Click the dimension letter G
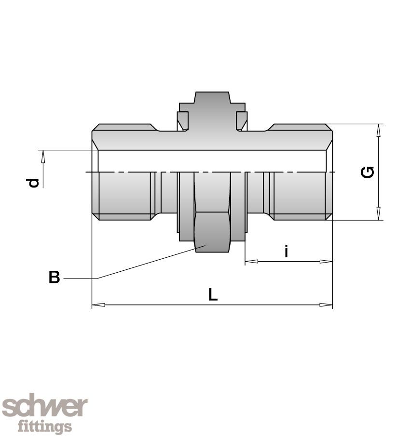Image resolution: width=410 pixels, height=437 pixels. click(367, 172)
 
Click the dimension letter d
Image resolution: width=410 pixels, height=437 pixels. click(32, 183)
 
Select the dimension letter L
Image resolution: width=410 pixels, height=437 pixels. click(213, 294)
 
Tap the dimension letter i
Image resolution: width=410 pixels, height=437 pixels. click(286, 251)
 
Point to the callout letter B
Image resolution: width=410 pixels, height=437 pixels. click(54, 277)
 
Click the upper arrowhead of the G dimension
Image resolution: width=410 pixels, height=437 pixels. click(379, 131)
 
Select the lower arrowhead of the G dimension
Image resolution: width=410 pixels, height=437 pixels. click(379, 213)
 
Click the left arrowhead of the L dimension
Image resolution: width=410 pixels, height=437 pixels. click(98, 305)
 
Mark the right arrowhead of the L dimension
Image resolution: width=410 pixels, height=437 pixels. click(326, 305)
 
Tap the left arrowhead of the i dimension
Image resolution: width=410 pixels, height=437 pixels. click(251, 262)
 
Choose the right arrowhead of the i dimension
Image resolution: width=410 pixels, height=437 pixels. click(326, 262)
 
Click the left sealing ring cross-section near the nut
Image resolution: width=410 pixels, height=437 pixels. click(182, 121)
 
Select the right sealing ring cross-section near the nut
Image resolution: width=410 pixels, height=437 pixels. click(242, 121)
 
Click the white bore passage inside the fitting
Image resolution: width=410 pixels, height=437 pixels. click(212, 161)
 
